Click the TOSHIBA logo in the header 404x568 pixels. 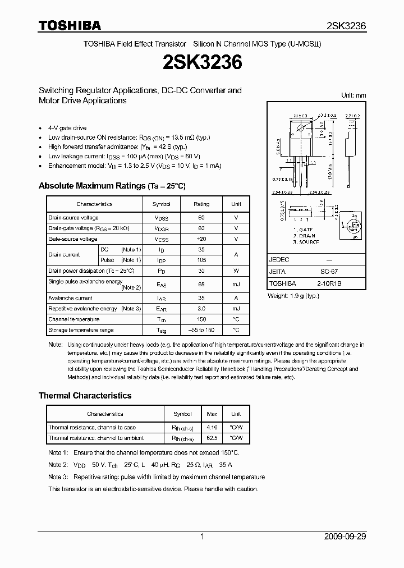point(70,25)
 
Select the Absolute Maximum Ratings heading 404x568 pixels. point(112,186)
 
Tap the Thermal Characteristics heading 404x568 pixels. point(85,396)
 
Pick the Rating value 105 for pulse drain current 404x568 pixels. point(201,260)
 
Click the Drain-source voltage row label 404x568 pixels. point(74,218)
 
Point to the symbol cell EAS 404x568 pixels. point(162,285)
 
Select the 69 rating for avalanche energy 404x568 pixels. point(201,285)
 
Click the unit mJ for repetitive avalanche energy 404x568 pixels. point(236,309)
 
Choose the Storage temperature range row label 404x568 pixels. point(81,330)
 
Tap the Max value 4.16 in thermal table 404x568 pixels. point(212,428)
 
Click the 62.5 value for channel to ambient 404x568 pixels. point(212,438)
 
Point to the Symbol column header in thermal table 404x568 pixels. point(182,414)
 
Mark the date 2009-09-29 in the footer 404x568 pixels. point(345,537)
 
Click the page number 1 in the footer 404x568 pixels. point(202,537)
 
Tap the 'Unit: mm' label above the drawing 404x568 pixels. point(353,95)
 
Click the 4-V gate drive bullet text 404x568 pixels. point(67,128)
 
